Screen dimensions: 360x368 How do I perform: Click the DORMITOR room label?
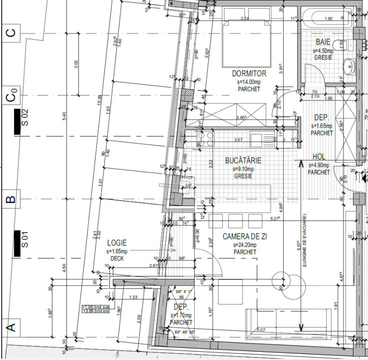(x=252, y=73)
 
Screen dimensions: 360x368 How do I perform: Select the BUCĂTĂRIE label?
(x=243, y=161)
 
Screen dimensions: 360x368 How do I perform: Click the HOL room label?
(x=319, y=157)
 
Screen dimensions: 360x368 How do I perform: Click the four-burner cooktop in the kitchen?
(x=206, y=138)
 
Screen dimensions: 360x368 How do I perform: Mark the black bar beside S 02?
(x=17, y=121)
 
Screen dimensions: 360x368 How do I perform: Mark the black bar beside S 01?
(x=17, y=243)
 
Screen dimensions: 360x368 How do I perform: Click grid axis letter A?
(x=9, y=328)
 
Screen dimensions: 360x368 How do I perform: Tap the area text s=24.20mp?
(x=245, y=245)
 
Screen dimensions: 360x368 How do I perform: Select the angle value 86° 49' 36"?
(x=182, y=332)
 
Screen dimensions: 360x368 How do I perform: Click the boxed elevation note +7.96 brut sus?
(x=96, y=307)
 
